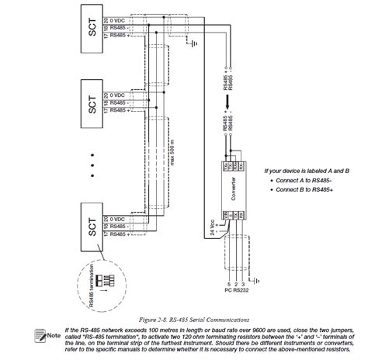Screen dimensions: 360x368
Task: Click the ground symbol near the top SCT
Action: point(192,44)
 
